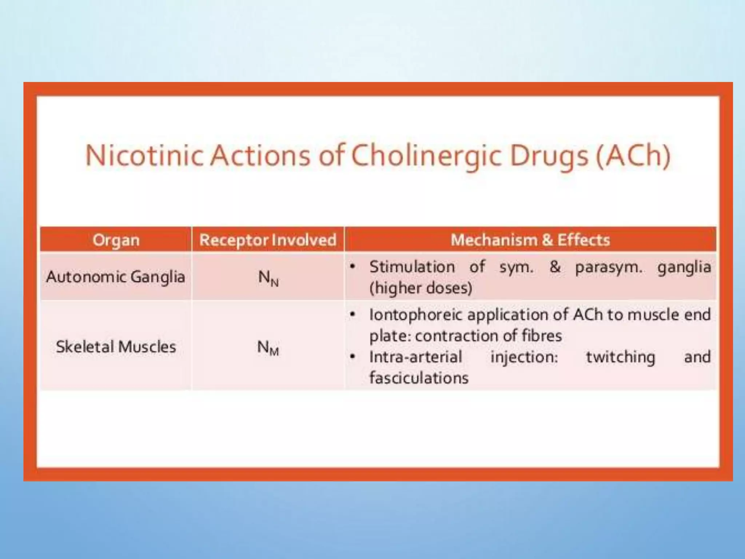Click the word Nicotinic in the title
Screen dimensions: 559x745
(x=144, y=156)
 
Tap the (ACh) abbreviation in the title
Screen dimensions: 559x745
(x=633, y=156)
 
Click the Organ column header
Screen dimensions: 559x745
(x=116, y=240)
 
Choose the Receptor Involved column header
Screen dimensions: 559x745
(x=268, y=240)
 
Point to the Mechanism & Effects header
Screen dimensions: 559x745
(x=530, y=240)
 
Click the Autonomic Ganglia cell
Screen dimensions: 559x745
(x=116, y=277)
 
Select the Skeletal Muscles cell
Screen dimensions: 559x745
(x=116, y=346)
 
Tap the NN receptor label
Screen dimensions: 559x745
(x=268, y=278)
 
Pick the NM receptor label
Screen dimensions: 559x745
(x=268, y=348)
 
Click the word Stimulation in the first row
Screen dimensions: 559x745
(x=412, y=267)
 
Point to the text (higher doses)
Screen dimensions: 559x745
(x=421, y=288)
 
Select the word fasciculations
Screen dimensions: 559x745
(x=419, y=378)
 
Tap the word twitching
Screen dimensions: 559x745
(x=621, y=357)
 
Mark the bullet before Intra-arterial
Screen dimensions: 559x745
(x=352, y=357)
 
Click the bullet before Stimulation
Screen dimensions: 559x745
(x=352, y=267)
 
